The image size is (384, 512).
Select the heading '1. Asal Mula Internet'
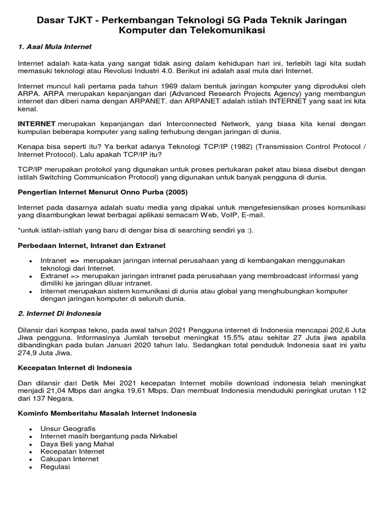55,47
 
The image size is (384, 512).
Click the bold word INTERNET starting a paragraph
37,123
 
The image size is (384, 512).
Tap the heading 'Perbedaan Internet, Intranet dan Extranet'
91,246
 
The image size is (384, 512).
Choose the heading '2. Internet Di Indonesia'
59,313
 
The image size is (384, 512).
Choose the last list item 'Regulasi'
55,466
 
